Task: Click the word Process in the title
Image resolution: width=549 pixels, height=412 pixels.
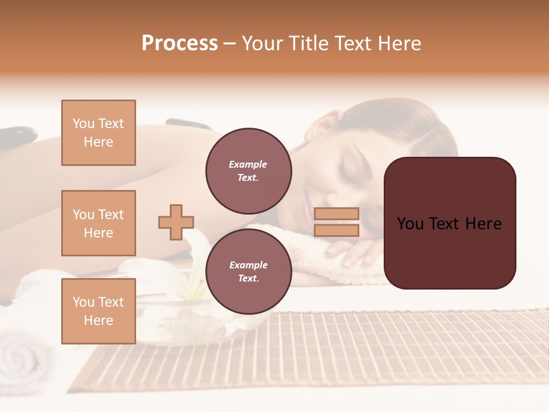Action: click(180, 43)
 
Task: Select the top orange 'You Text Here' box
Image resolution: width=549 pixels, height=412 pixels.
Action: click(98, 133)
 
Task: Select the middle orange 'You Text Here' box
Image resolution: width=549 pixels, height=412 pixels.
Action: click(98, 223)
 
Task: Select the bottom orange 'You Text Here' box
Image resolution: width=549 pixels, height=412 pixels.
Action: click(98, 311)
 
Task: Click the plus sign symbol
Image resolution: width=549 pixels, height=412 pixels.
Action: click(176, 223)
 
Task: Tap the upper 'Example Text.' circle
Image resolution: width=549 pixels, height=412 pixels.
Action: click(248, 171)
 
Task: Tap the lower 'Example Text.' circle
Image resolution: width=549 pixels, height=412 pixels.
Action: click(248, 271)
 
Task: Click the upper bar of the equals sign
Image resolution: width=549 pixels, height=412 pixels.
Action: click(336, 214)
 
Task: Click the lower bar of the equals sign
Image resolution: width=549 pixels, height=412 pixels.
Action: click(336, 231)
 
